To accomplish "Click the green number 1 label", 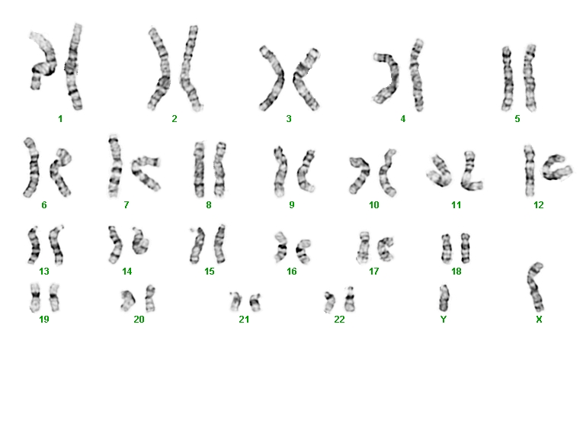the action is [60, 119].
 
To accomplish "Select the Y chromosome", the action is [444, 297].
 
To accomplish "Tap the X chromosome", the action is [536, 287].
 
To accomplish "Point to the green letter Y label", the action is [444, 320].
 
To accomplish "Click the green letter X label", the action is [539, 320].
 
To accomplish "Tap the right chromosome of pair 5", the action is [530, 78].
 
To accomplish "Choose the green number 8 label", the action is [209, 205].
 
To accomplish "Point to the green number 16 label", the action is [291, 272].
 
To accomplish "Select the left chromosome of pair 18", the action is [446, 249].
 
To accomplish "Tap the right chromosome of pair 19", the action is [54, 297].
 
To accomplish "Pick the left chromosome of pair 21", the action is [235, 301].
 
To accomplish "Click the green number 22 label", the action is [339, 320].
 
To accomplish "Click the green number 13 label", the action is [44, 272].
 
